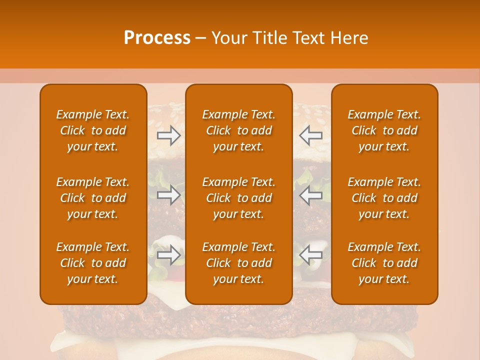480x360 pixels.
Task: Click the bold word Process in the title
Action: tap(157, 38)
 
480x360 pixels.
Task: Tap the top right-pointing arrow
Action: tap(168, 135)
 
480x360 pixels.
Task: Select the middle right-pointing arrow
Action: tap(168, 195)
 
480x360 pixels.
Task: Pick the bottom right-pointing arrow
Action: tap(168, 255)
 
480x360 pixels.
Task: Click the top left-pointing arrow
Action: tap(310, 135)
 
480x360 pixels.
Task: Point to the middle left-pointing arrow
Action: tap(310, 195)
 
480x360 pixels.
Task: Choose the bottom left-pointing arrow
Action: tap(310, 255)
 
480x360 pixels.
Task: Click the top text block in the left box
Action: tap(93, 130)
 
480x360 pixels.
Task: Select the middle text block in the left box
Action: tap(93, 198)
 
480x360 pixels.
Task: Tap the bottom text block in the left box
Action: tap(93, 263)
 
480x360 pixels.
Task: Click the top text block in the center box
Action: tap(239, 130)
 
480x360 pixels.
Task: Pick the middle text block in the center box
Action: tap(239, 198)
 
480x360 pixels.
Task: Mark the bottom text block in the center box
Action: tap(239, 263)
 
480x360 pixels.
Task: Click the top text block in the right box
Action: tap(384, 130)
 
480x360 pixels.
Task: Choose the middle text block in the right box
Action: tap(384, 198)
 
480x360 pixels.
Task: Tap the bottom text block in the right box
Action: tap(384, 263)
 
